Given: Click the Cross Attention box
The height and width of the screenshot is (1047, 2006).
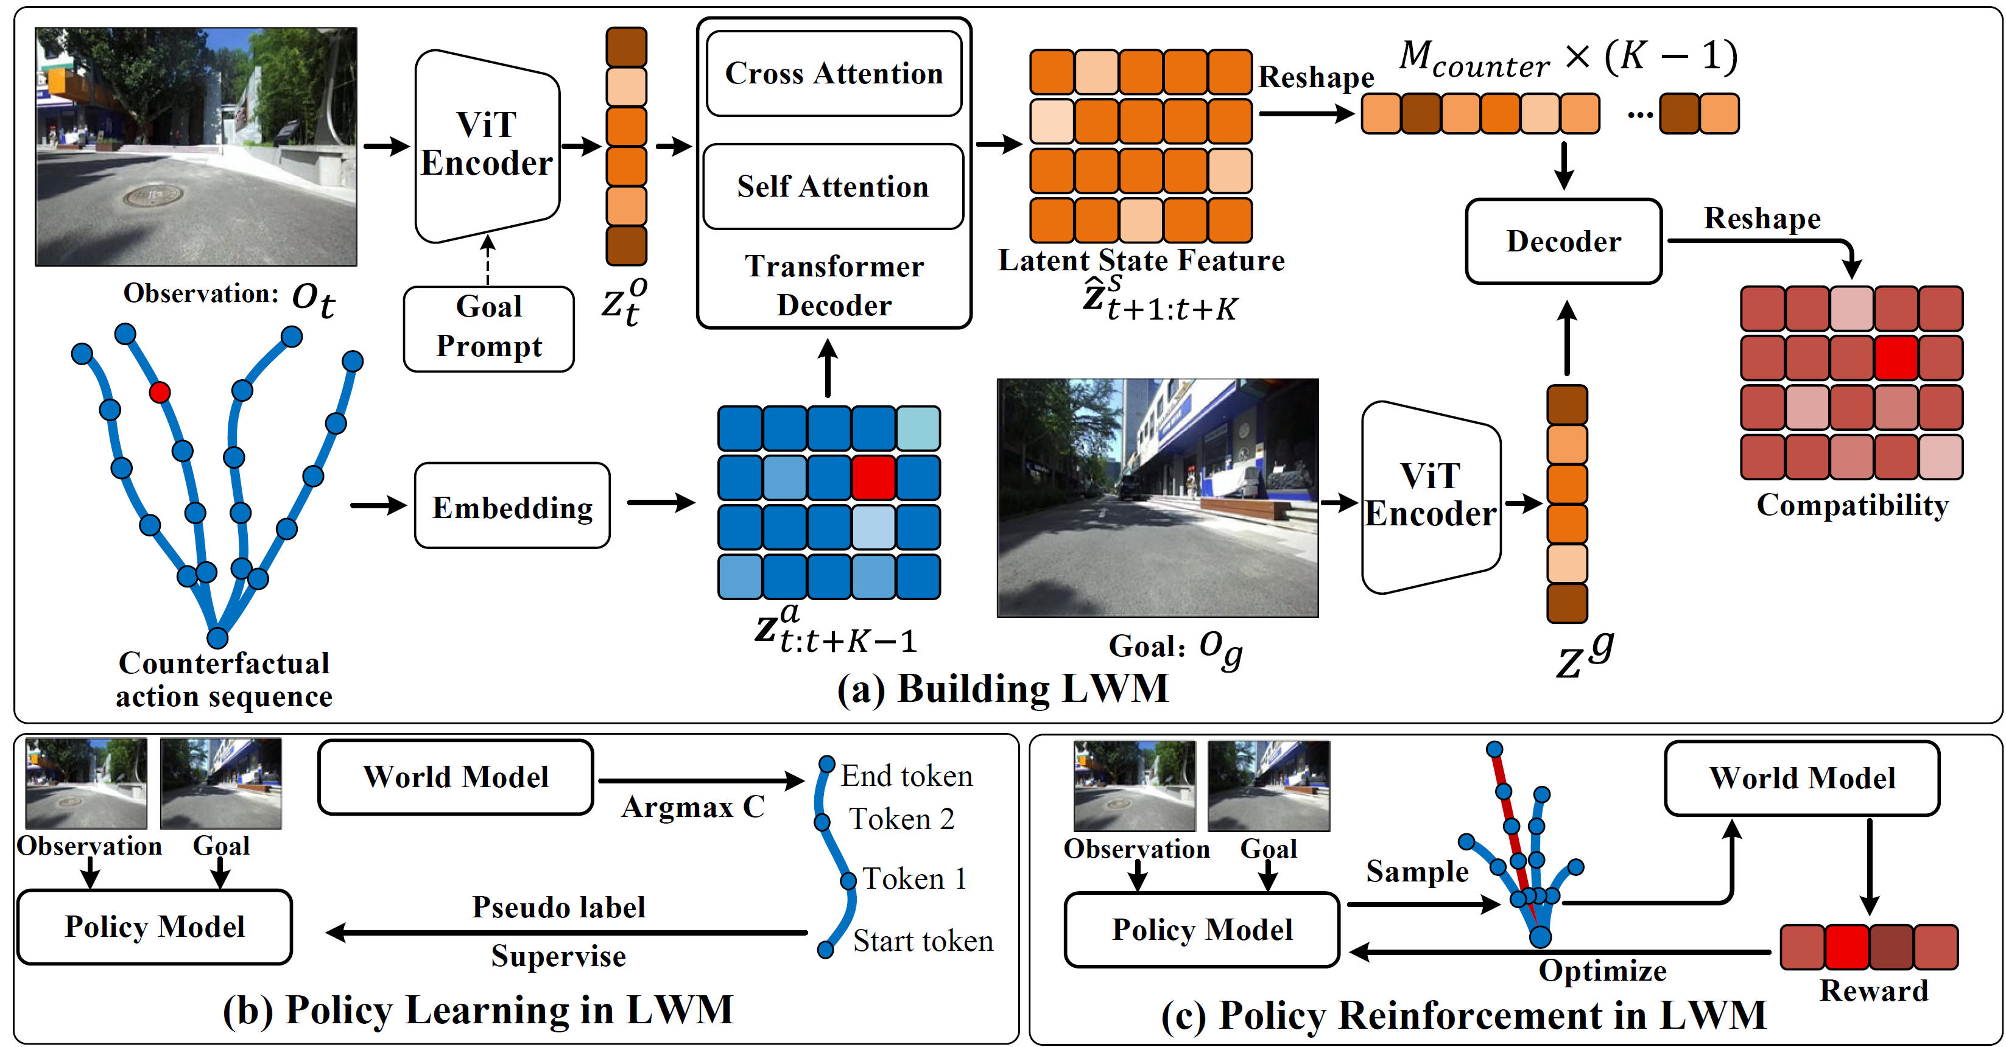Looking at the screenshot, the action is [x=833, y=73].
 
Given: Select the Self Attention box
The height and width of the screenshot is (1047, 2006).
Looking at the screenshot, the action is [x=833, y=186].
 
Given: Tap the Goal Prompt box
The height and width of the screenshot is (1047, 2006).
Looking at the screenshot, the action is [x=489, y=329].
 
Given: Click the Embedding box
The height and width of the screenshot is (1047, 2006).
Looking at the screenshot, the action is [x=512, y=506].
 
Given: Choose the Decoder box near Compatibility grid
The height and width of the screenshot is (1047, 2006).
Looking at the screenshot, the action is [x=1564, y=241].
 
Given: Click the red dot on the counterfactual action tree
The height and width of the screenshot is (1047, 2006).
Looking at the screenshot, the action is [x=160, y=391].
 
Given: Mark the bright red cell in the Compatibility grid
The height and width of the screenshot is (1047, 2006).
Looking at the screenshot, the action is [x=1896, y=357].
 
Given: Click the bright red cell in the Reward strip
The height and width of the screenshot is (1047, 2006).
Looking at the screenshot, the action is [x=1847, y=947].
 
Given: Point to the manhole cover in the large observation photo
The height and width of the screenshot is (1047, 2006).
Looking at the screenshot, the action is [x=153, y=195].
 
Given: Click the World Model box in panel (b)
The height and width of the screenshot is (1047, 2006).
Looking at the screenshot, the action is [x=456, y=777].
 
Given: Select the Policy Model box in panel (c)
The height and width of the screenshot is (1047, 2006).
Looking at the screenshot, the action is [x=1202, y=930].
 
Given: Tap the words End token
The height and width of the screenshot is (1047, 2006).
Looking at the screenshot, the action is [x=906, y=776].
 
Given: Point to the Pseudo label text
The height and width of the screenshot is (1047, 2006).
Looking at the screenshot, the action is [x=558, y=907].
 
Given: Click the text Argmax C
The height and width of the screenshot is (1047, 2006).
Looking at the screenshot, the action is [x=693, y=807].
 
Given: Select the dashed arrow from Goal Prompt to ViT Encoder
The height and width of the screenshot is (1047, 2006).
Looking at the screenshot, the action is [x=488, y=260].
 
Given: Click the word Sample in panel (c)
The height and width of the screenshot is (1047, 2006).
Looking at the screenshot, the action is [x=1417, y=871].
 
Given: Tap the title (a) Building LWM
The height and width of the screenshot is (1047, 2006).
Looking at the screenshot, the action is [x=1003, y=688].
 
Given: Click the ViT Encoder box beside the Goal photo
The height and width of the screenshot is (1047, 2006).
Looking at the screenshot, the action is [x=1431, y=497].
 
